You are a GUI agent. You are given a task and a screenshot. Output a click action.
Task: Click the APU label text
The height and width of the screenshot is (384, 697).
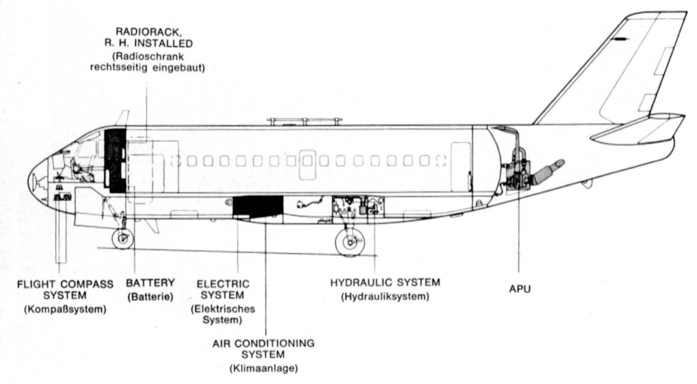pyautogui.click(x=520, y=289)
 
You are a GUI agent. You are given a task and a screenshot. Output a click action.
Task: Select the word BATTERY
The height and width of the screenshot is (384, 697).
pyautogui.click(x=150, y=283)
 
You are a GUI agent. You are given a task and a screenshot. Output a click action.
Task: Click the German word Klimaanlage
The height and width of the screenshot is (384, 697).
pyautogui.click(x=263, y=368)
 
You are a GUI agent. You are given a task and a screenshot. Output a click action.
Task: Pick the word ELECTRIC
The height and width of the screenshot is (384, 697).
pyautogui.click(x=223, y=284)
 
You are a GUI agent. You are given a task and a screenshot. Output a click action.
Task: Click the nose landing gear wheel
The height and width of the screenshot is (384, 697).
pyautogui.click(x=123, y=239)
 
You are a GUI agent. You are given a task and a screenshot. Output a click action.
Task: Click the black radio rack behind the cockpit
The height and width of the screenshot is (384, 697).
pyautogui.click(x=115, y=160)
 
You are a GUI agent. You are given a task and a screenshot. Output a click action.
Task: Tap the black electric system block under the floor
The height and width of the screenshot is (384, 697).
pyautogui.click(x=258, y=206)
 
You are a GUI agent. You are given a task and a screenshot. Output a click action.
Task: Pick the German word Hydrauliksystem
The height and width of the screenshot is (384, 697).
pyautogui.click(x=385, y=296)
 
